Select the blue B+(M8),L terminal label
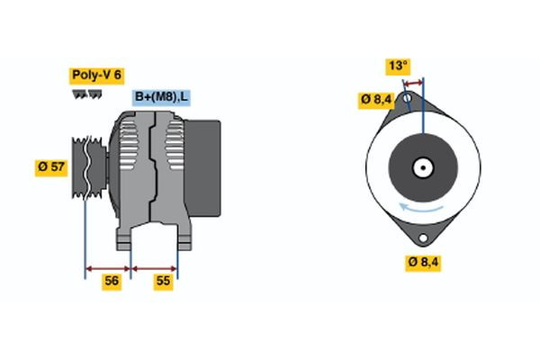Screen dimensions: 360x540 (162, 97)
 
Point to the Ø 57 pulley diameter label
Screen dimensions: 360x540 (53, 166)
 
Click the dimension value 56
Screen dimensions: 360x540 (112, 281)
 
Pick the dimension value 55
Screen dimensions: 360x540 (163, 281)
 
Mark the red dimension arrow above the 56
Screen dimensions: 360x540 (108, 267)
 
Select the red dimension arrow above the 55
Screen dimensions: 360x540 (155, 267)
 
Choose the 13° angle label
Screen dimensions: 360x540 (399, 66)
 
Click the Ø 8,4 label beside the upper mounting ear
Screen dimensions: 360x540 (376, 99)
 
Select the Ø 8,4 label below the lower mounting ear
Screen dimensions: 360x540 (423, 262)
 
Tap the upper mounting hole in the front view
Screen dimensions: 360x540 (409, 96)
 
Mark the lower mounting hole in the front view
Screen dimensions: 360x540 (423, 238)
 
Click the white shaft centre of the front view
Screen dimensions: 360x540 (421, 167)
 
